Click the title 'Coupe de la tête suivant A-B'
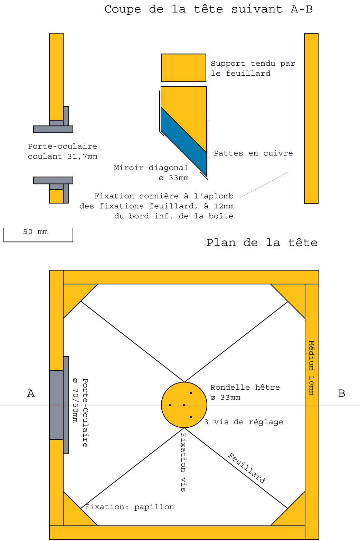(x=208, y=9)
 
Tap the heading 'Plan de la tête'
(x=262, y=243)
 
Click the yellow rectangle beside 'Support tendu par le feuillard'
(x=183, y=68)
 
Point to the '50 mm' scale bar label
(x=35, y=232)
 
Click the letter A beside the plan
(x=31, y=393)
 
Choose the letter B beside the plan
(x=341, y=393)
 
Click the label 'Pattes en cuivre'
(x=253, y=153)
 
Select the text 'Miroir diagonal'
(x=151, y=168)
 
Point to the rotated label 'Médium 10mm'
(x=311, y=368)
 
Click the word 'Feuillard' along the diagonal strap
(x=247, y=468)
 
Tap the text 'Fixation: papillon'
(x=130, y=507)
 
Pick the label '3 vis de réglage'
(x=244, y=422)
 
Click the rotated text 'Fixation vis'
(x=183, y=462)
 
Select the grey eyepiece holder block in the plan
(x=56, y=405)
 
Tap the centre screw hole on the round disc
(x=184, y=405)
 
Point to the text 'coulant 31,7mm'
(x=63, y=156)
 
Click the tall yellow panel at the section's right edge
(x=311, y=118)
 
